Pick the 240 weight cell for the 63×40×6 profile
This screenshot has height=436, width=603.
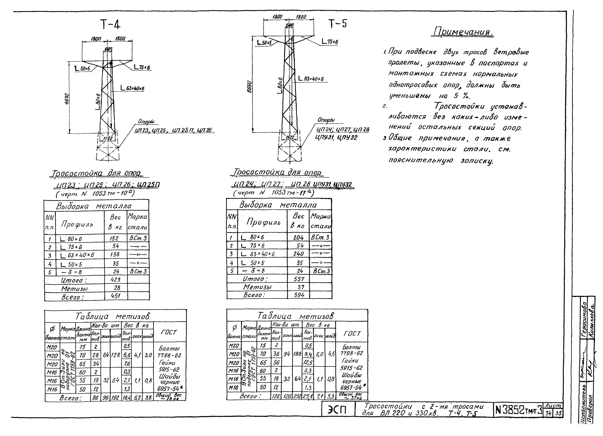298,254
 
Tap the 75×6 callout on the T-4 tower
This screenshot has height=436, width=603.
142,68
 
